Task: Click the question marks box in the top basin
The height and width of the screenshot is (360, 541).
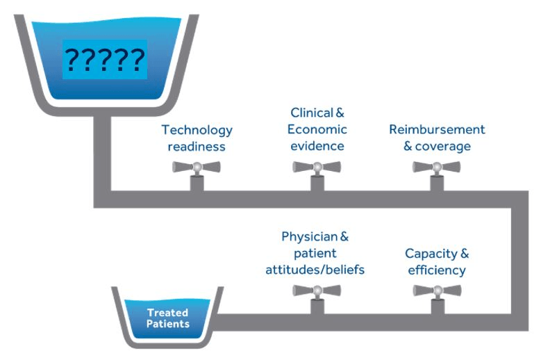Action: point(105,59)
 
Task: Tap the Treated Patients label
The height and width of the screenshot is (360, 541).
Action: point(168,318)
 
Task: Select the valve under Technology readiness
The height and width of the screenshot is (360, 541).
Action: point(197,175)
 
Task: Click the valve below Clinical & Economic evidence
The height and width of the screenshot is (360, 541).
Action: point(317,175)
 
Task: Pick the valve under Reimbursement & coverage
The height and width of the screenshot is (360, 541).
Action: point(437,175)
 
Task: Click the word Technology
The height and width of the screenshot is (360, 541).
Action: point(197,131)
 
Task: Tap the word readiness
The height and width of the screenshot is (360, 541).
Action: point(197,147)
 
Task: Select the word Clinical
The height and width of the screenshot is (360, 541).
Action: point(312,113)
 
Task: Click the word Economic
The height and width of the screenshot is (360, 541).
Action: point(317,129)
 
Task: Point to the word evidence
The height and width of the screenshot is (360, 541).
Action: point(317,146)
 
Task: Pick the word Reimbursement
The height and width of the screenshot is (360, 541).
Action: point(437,129)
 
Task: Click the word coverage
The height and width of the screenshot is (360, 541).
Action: point(443,147)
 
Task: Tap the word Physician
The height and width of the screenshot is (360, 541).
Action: point(310,237)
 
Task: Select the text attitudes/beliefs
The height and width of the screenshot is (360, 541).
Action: point(315,270)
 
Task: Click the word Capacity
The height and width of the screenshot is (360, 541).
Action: point(431,254)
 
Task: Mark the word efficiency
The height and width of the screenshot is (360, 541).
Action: point(437,270)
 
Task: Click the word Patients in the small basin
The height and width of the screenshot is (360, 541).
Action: point(168,324)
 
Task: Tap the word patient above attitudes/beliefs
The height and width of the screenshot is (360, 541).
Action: point(315,254)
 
